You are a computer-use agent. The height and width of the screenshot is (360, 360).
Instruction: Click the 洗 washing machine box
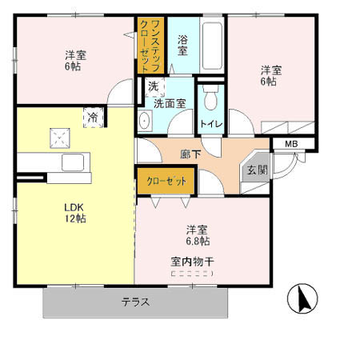pos(152,86)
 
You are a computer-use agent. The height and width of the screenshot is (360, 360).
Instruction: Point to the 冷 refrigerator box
pos(93,117)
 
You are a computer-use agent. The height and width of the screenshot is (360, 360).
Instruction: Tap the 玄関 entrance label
pos(257,170)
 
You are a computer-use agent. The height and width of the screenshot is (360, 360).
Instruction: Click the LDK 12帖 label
pos(75,211)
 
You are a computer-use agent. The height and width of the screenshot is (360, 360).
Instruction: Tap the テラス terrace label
pos(136,302)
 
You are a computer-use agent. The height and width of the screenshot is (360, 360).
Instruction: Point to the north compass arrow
pos(303,300)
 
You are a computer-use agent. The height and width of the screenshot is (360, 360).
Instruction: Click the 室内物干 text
pos(192,261)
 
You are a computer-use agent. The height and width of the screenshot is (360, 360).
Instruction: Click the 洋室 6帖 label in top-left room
pos(76,61)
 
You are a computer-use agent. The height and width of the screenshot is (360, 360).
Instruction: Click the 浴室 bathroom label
pos(182,45)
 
